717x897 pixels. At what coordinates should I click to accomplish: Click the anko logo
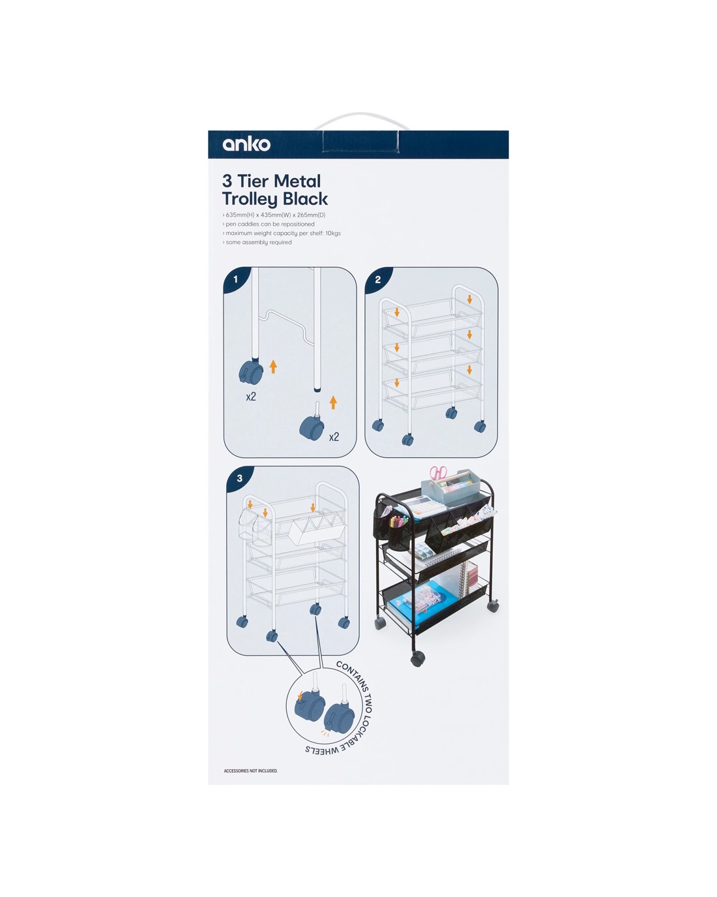click(x=246, y=144)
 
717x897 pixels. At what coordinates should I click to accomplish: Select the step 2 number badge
click(x=377, y=279)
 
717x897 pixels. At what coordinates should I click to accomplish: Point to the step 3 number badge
click(x=239, y=478)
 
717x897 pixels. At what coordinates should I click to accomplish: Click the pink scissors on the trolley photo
click(x=438, y=473)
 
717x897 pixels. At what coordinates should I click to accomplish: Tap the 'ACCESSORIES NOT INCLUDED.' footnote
click(x=250, y=770)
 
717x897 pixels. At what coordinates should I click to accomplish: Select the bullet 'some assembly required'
click(x=257, y=242)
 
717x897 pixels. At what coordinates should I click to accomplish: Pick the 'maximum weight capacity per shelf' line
click(x=282, y=233)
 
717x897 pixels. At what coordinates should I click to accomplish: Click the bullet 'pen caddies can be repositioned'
click(x=269, y=224)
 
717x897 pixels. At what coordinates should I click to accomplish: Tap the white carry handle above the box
click(x=362, y=120)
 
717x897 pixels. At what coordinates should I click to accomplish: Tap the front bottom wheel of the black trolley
click(x=418, y=659)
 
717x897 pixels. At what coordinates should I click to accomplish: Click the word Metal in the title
click(x=297, y=181)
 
